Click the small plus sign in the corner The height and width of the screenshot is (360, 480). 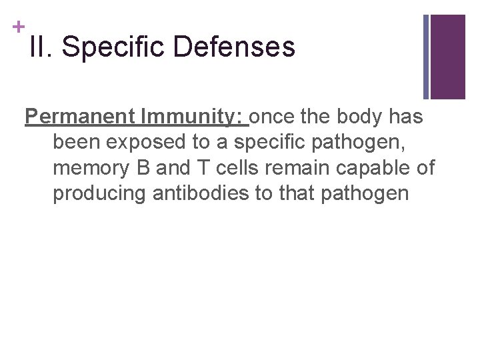(18, 27)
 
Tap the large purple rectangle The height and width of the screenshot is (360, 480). (448, 57)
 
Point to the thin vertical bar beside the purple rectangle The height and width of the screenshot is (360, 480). (427, 57)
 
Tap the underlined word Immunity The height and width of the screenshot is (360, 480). (192, 117)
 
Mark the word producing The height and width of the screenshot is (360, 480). (100, 193)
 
